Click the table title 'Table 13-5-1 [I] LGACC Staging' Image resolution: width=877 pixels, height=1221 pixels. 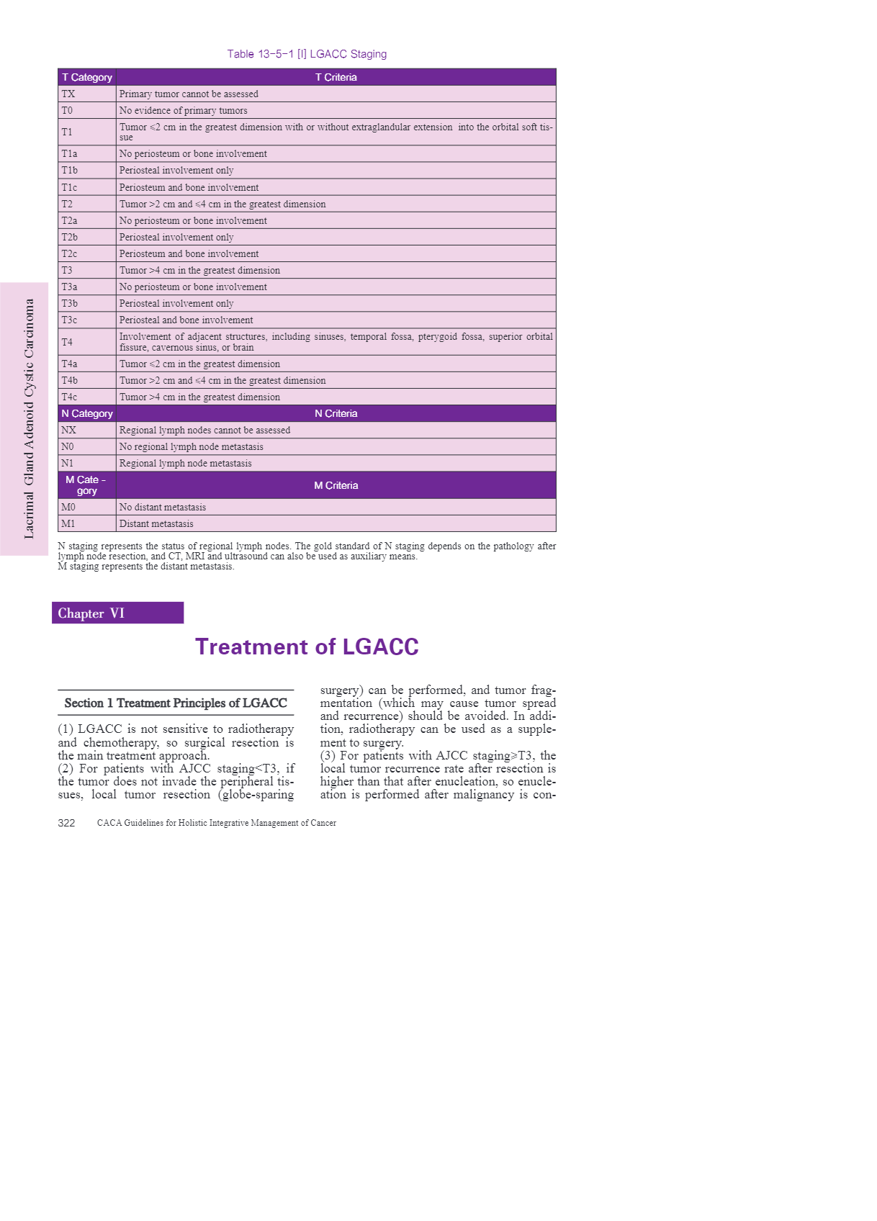coord(307,54)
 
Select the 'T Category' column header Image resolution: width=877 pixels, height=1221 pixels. coord(87,77)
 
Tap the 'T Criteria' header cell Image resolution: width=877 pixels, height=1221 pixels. coord(336,77)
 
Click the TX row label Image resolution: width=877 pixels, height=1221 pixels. coord(68,94)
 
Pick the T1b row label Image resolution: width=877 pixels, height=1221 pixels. coord(70,171)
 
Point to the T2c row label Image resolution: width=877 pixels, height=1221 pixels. coord(70,253)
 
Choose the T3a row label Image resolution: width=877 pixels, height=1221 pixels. coord(70,287)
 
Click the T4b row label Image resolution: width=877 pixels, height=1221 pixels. coord(70,380)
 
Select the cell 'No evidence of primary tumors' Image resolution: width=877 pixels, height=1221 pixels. coord(184,110)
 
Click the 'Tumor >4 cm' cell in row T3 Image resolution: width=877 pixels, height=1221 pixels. coord(200,270)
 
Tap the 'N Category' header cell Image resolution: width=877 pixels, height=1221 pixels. coord(87,413)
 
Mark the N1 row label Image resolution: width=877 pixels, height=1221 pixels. coord(68,463)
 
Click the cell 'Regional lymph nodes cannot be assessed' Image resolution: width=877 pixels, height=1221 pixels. coord(205,430)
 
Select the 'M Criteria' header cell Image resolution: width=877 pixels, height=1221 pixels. coord(336,485)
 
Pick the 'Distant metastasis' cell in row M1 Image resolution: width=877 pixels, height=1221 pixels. coord(156,523)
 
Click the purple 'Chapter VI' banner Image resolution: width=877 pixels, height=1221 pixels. coord(117,613)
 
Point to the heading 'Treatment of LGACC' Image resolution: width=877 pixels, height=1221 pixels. coord(307,646)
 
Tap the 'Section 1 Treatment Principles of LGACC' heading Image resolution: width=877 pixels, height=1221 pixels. coord(176,703)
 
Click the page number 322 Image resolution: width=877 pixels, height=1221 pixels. coord(66,823)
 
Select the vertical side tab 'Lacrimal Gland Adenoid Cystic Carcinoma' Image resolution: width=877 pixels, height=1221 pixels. coord(29,419)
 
